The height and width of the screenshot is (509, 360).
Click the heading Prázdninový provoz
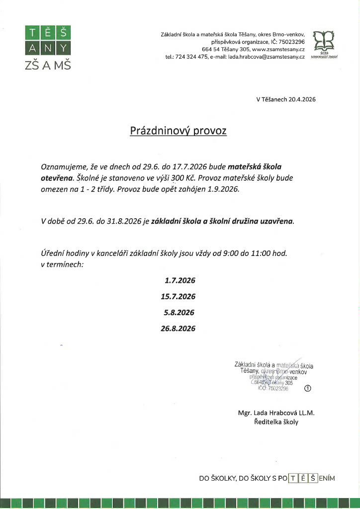click(178, 131)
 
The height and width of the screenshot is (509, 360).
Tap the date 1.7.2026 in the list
click(180, 280)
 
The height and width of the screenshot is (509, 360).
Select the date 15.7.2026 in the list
click(178, 296)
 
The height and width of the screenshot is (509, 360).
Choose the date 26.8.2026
click(178, 329)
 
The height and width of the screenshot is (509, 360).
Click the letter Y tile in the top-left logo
click(63, 48)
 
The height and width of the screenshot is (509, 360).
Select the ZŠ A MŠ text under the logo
click(48, 65)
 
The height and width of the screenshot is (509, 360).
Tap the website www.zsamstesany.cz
click(278, 50)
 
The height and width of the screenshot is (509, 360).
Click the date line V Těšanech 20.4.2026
click(285, 99)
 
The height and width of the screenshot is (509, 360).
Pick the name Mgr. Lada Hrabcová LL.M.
click(276, 413)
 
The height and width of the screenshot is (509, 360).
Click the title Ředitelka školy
click(276, 422)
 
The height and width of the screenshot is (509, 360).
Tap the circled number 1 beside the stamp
click(307, 389)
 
